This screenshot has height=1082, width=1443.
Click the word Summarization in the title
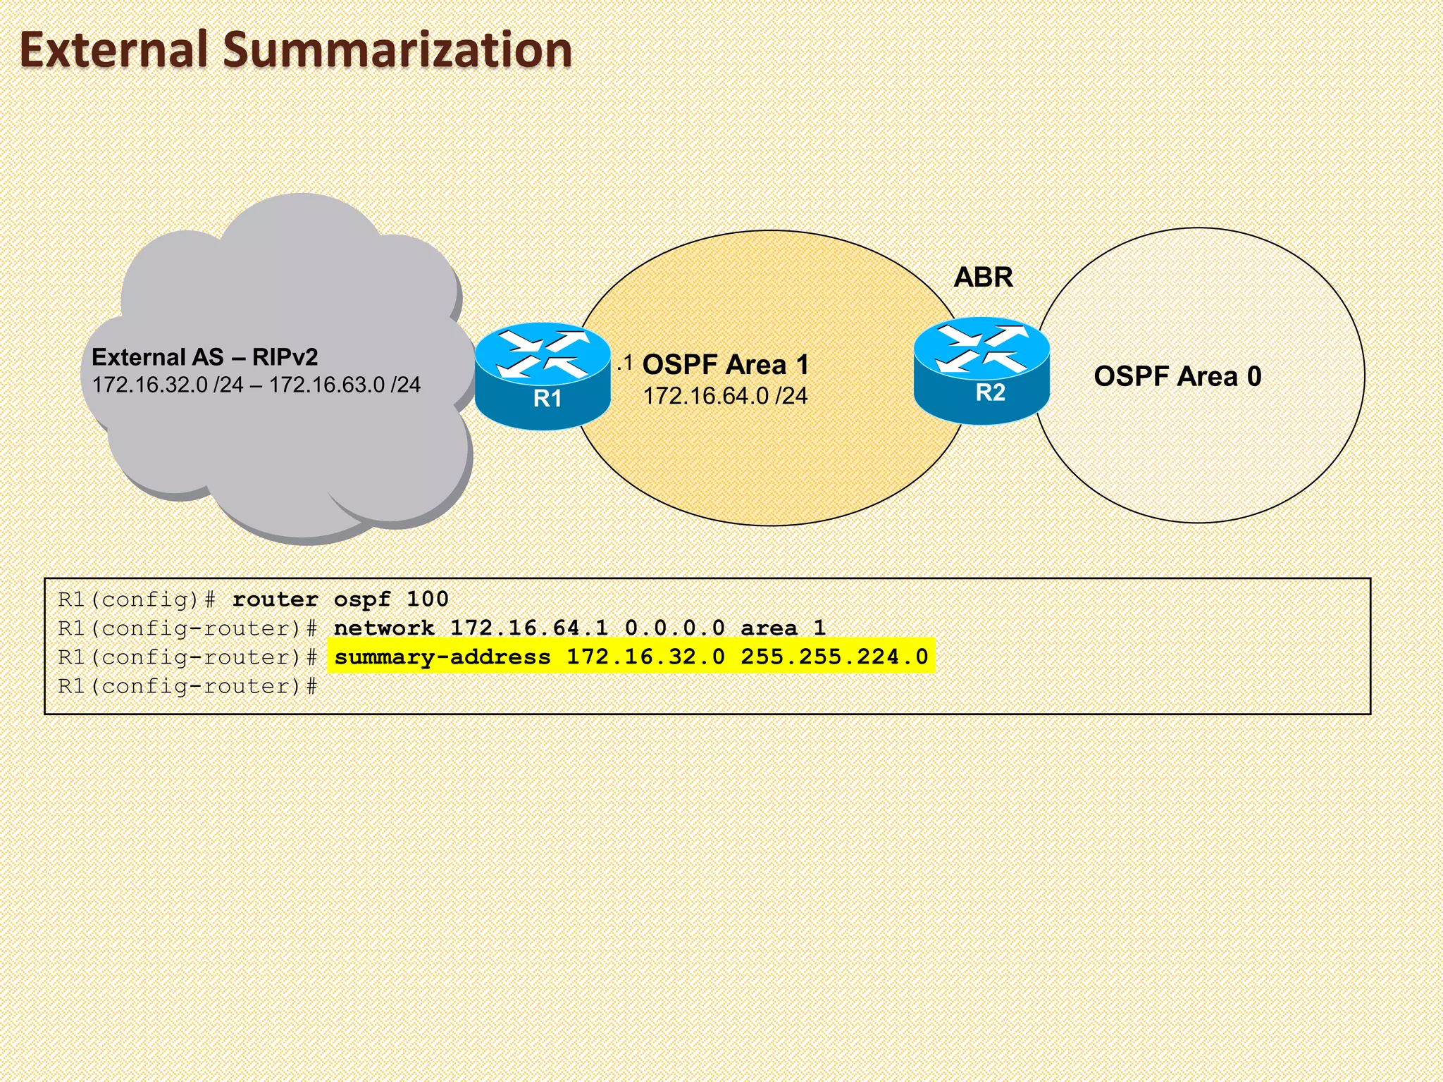pyautogui.click(x=397, y=51)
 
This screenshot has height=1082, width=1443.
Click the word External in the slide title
pyautogui.click(x=113, y=51)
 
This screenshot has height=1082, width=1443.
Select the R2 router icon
pyautogui.click(x=981, y=371)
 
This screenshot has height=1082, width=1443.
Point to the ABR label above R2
pyautogui.click(x=983, y=278)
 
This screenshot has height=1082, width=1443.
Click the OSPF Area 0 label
pyautogui.click(x=1177, y=376)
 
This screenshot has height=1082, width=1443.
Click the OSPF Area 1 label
pyautogui.click(x=725, y=365)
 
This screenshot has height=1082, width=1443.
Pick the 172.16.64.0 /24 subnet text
pyautogui.click(x=725, y=396)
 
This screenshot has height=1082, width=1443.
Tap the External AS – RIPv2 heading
pyautogui.click(x=204, y=357)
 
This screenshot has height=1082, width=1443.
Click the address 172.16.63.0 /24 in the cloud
pyautogui.click(x=345, y=385)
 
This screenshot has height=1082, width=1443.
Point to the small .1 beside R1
pyautogui.click(x=625, y=364)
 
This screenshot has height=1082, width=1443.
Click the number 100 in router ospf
pyautogui.click(x=427, y=599)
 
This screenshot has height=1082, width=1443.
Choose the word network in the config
pyautogui.click(x=384, y=628)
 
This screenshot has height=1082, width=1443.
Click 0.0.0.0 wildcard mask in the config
pyautogui.click(x=674, y=628)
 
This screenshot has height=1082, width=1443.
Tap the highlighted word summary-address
pyautogui.click(x=442, y=657)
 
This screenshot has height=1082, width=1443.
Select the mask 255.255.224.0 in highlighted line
pyautogui.click(x=834, y=657)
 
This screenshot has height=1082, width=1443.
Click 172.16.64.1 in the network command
pyautogui.click(x=528, y=628)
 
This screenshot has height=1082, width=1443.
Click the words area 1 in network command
pyautogui.click(x=782, y=628)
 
